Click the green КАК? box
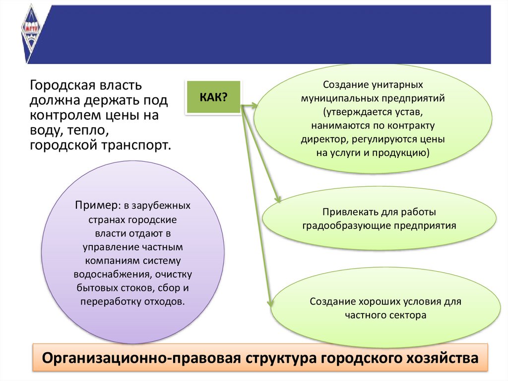click(x=213, y=97)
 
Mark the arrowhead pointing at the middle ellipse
click(x=278, y=200)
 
